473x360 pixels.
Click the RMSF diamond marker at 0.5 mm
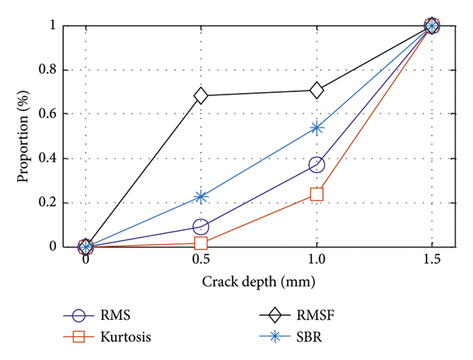pyautogui.click(x=201, y=95)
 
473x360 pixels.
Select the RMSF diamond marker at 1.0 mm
pyautogui.click(x=316, y=91)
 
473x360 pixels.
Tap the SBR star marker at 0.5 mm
pyautogui.click(x=201, y=196)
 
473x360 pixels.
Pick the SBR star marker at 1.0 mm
pyautogui.click(x=316, y=128)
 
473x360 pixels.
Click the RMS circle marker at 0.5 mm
pyautogui.click(x=201, y=227)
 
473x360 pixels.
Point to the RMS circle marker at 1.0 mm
pyautogui.click(x=316, y=165)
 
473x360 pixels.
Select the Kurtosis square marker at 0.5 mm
pyautogui.click(x=201, y=243)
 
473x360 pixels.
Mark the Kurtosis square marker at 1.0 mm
pyautogui.click(x=316, y=194)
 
